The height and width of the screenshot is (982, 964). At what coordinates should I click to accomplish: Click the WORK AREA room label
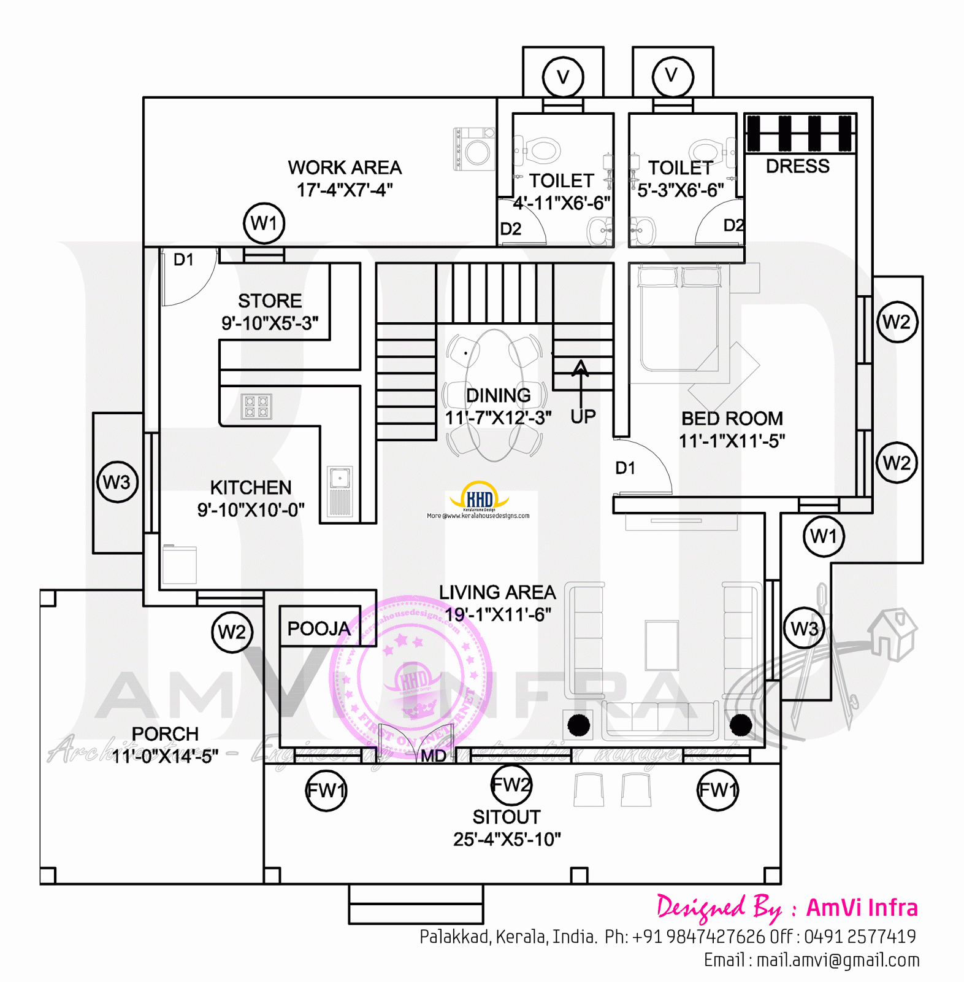tap(345, 168)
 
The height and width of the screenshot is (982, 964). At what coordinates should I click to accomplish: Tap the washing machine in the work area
tap(475, 149)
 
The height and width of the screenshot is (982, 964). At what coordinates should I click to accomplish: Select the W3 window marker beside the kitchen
tap(117, 482)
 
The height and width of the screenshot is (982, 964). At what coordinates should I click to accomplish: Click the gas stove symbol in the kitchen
tap(256, 406)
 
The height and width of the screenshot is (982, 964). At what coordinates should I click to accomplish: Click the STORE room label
tap(270, 301)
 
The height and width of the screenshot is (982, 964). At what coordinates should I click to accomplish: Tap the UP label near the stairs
tap(583, 417)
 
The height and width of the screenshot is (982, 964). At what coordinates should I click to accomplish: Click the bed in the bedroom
tap(678, 319)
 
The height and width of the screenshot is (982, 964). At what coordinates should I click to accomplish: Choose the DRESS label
tap(797, 166)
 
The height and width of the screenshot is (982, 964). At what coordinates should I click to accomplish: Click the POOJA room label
tap(319, 628)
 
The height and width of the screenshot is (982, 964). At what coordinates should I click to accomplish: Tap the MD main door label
tap(434, 756)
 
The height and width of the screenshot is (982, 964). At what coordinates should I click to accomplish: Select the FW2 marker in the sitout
tap(511, 785)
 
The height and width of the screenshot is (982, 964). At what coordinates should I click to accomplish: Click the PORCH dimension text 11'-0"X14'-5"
tap(165, 756)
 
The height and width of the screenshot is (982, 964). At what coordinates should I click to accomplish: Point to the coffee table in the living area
tap(662, 645)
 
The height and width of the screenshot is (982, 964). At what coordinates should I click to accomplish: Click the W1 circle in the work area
tap(264, 223)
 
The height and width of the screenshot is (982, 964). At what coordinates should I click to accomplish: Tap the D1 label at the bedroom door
tap(625, 468)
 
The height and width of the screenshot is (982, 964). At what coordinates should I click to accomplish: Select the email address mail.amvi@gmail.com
tap(838, 960)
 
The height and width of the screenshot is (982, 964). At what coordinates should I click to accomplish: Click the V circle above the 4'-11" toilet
tap(562, 77)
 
